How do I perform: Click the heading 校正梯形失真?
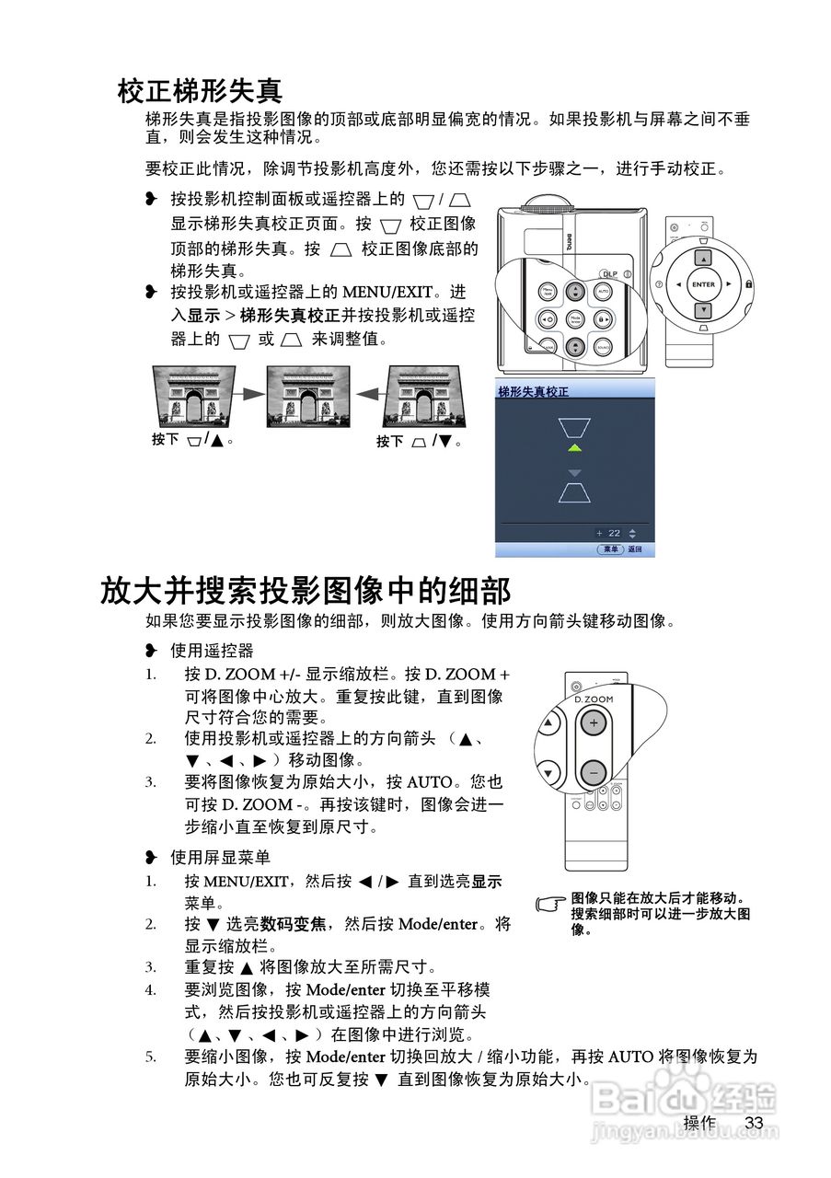tap(199, 91)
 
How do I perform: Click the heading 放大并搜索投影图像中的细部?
tap(305, 589)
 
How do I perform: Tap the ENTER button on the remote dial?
tap(702, 284)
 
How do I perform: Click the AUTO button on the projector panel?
tap(604, 291)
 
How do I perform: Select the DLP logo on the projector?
tap(608, 272)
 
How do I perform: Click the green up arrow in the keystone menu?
tap(575, 448)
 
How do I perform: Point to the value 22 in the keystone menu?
tap(614, 533)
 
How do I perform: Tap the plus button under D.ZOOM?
tap(594, 723)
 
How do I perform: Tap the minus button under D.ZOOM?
tap(594, 771)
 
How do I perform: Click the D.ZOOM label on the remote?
tap(594, 699)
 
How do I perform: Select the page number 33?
tap(755, 1123)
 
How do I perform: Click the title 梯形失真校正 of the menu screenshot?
tap(533, 391)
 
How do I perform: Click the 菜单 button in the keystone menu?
tap(609, 549)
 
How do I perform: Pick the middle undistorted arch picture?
tap(308, 396)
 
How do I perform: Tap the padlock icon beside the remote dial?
tap(748, 284)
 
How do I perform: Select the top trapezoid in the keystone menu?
tap(575, 427)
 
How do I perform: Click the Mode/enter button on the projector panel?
tap(575, 319)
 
